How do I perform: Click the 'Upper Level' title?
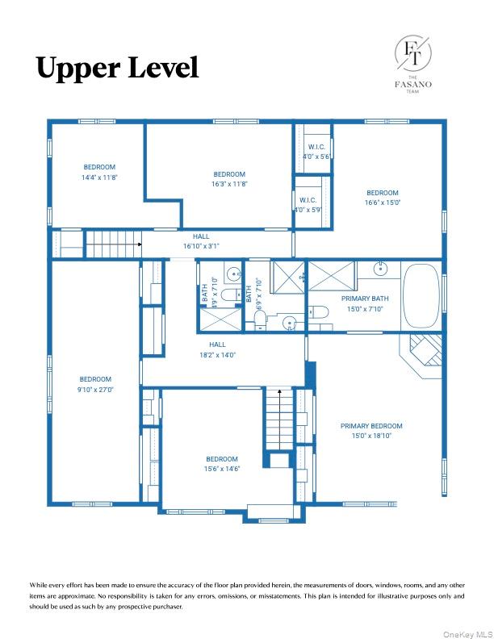coord(117,68)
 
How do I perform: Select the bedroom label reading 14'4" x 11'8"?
coord(100,173)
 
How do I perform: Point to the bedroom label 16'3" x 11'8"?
coord(229,179)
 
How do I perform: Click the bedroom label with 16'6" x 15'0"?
coord(382,198)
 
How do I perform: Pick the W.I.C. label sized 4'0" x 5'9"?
coord(308,204)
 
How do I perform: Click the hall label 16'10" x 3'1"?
coord(201,241)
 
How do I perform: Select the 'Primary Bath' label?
coord(365,303)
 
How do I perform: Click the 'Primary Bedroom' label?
coord(371,431)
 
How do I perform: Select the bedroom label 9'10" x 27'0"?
coord(95,384)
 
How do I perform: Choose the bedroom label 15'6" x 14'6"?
coord(221,463)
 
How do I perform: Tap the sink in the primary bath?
coord(379,269)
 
